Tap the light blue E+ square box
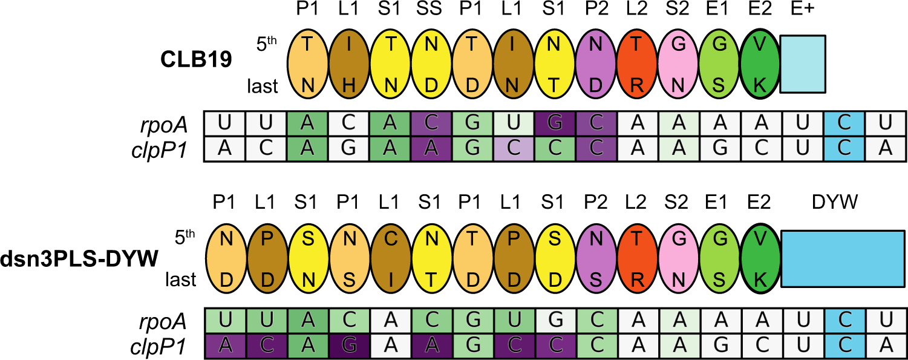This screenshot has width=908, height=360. click(x=803, y=64)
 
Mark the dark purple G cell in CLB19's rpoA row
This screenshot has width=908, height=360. click(x=555, y=124)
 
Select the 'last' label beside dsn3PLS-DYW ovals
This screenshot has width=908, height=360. click(x=180, y=280)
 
